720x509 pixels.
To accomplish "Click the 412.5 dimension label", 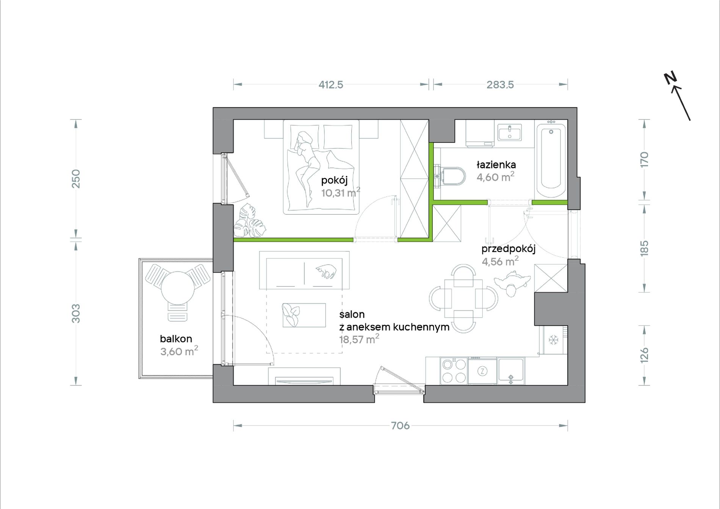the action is click(331, 85).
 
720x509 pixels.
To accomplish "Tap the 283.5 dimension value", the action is click(500, 85).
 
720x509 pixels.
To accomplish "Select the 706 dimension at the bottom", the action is click(400, 426).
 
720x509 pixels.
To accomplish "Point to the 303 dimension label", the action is click(76, 313).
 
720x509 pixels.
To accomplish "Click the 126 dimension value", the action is click(644, 355).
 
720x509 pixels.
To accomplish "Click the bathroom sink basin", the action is click(509, 133).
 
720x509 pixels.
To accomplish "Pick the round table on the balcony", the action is click(178, 288).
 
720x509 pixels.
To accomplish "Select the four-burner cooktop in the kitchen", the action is click(454, 371).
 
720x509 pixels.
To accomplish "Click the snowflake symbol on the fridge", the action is click(554, 340).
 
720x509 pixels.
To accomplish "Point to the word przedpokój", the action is click(508, 249).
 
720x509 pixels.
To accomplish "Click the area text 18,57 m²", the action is click(359, 339).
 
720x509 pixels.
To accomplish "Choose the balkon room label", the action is click(176, 339).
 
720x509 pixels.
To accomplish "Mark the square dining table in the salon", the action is click(463, 299).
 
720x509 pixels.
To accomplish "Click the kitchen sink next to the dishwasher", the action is click(511, 371).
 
